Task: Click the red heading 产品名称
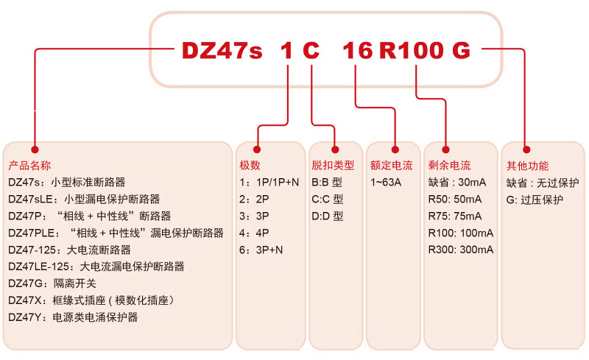[x=29, y=166]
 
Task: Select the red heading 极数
[x=250, y=165]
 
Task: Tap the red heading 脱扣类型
[x=333, y=165]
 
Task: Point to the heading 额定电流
[x=392, y=166]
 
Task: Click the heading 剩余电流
[x=449, y=166]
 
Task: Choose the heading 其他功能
[x=527, y=166]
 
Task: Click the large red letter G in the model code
[x=461, y=50]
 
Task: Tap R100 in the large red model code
[x=412, y=50]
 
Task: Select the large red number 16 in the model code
[x=358, y=50]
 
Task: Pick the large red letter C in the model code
[x=311, y=50]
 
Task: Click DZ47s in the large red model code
[x=222, y=50]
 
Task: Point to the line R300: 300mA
[x=461, y=250]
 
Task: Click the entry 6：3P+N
[x=261, y=250]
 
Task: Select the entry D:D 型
[x=328, y=216]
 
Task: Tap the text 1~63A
[x=386, y=183]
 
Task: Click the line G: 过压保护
[x=535, y=200]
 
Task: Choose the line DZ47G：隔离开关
[x=52, y=283]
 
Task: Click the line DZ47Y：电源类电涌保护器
[x=73, y=317]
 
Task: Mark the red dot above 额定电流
[x=395, y=149]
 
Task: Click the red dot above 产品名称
[x=35, y=149]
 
